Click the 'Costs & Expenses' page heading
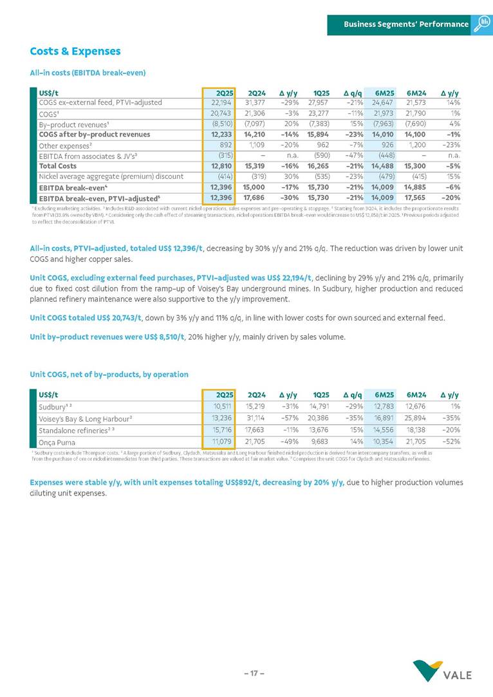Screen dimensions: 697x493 click(x=75, y=51)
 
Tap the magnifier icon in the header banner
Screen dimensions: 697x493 click(x=482, y=24)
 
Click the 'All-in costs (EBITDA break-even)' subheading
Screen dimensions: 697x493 click(x=88, y=73)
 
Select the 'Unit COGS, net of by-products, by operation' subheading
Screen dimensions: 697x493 click(x=109, y=374)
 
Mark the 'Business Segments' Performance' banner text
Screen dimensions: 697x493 click(x=405, y=24)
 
